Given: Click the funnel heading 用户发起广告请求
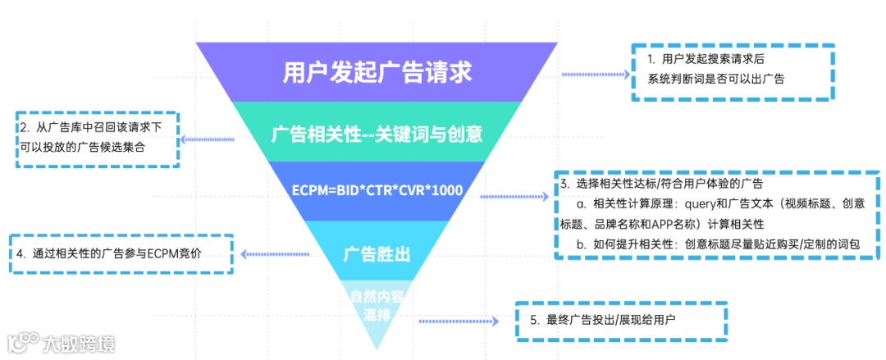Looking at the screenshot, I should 377,71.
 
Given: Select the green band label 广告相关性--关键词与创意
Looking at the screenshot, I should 377,134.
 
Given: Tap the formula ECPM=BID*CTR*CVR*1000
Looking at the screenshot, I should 377,190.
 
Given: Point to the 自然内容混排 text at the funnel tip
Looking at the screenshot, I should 377,304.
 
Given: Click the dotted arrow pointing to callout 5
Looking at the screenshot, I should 459,321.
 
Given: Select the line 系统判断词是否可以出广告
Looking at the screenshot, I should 715,79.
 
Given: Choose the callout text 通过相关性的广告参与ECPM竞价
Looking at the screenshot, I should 120,253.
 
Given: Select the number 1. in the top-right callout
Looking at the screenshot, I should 651,59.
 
